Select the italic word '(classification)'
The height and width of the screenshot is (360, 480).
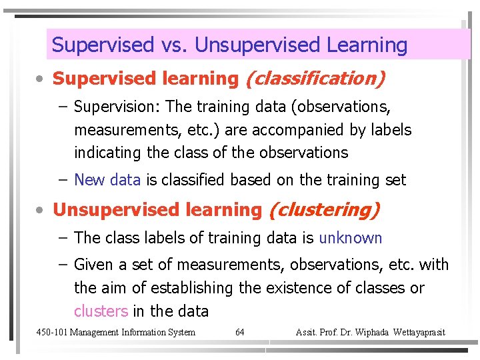[x=315, y=79]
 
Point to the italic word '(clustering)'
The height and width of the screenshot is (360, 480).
[x=323, y=210]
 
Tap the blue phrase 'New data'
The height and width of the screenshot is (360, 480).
[x=107, y=180]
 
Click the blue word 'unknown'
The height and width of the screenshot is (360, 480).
[x=351, y=238]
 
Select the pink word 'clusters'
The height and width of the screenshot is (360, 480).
[x=101, y=311]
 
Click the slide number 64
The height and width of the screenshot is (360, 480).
[x=240, y=332]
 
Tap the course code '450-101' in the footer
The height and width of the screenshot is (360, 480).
[x=51, y=332]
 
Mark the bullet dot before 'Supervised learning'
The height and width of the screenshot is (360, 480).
[x=41, y=79]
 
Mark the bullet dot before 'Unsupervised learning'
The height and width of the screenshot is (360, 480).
[x=41, y=211]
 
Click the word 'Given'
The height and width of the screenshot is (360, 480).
[x=94, y=265]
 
